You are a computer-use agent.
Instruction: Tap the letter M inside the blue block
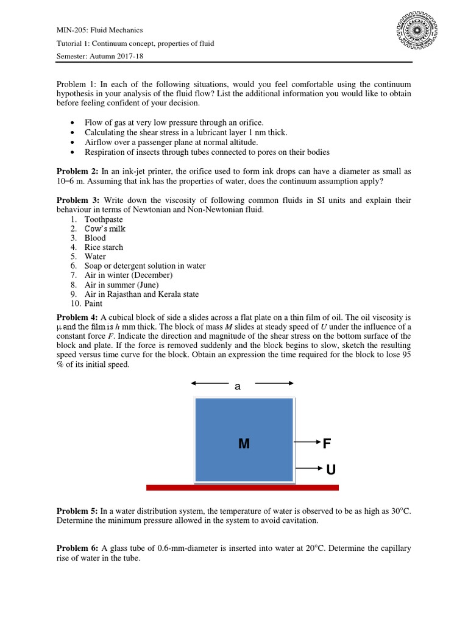[244, 444]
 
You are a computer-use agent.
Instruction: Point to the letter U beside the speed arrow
[330, 469]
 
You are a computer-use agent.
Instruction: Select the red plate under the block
[242, 487]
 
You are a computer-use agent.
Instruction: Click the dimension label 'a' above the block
[238, 386]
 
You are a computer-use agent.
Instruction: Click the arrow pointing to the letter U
[308, 468]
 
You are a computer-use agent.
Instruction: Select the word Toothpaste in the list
[104, 219]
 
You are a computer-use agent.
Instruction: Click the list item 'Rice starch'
[104, 247]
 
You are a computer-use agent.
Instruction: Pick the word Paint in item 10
[94, 303]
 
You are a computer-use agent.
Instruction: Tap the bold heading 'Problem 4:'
[77, 317]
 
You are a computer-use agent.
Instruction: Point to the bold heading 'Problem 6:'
[77, 548]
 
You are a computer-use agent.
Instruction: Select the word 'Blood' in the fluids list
[95, 238]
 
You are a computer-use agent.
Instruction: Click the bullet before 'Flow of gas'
[73, 123]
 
